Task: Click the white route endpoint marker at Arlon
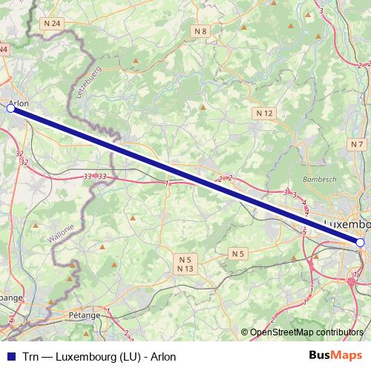(10, 108)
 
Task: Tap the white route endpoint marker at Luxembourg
(360, 243)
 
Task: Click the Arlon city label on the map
(20, 104)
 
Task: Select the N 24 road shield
(52, 24)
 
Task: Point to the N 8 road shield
(200, 31)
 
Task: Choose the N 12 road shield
(265, 113)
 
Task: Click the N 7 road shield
(358, 144)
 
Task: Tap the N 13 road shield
(185, 269)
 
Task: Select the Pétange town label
(84, 315)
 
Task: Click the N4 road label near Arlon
(4, 50)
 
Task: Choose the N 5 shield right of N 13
(237, 254)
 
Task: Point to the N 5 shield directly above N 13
(185, 259)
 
